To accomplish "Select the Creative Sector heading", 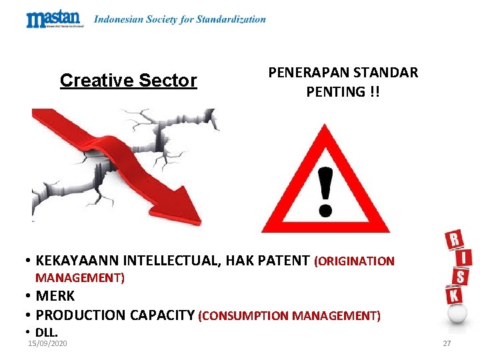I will pyautogui.click(x=128, y=81).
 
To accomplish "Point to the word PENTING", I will pyautogui.click(x=334, y=91).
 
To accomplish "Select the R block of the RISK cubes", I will pyautogui.click(x=453, y=239).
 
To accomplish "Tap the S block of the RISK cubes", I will pyautogui.click(x=459, y=275).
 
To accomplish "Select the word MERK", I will pyautogui.click(x=55, y=295).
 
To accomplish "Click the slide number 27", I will pyautogui.click(x=447, y=343).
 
